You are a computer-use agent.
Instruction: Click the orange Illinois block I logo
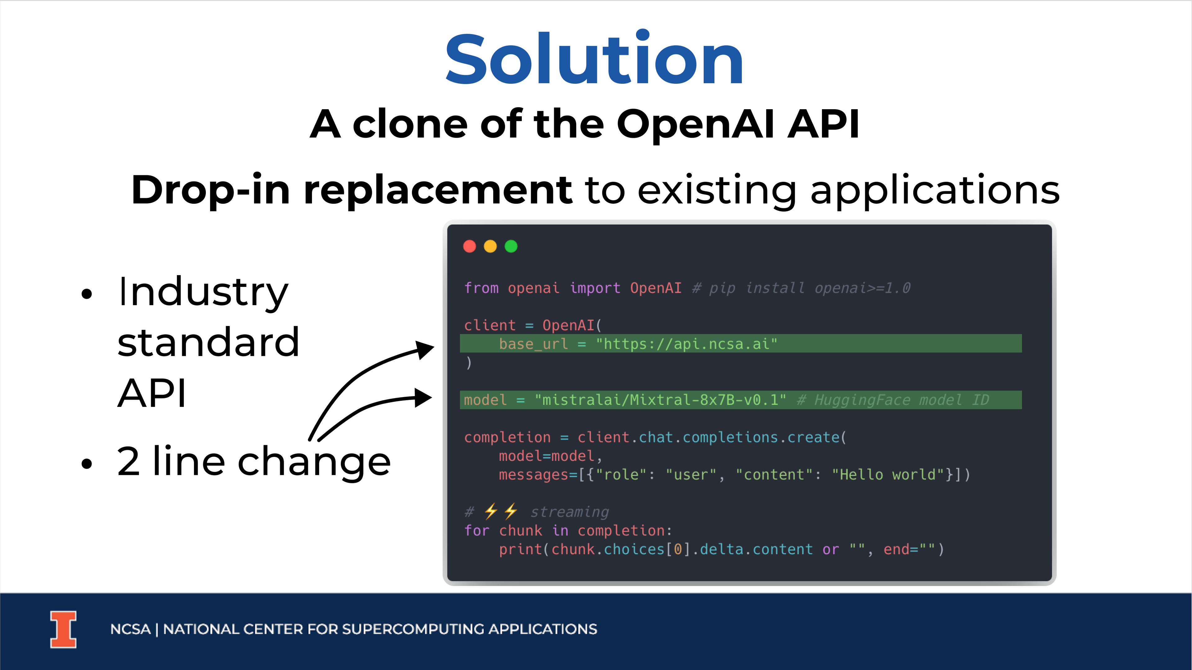[63, 629]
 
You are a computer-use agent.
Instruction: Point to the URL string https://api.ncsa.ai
[687, 344]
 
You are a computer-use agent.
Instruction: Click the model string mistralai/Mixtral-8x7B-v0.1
[660, 400]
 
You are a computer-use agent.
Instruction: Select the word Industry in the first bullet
[203, 293]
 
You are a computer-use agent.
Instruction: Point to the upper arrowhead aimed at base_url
[424, 349]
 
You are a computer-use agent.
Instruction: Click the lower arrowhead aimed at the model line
[422, 398]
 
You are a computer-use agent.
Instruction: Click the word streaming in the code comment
[569, 512]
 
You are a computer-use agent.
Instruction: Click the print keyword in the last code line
[521, 549]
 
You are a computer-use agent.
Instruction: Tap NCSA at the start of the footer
[130, 629]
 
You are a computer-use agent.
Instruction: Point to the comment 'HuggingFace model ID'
[893, 400]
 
